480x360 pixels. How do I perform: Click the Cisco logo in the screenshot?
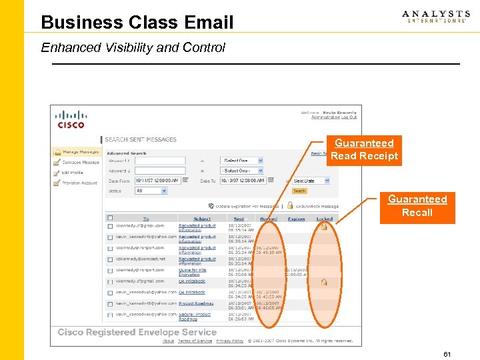(71, 119)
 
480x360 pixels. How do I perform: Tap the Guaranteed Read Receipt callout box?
(364, 150)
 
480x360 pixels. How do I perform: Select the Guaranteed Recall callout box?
(417, 206)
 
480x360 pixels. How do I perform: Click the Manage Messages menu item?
(79, 152)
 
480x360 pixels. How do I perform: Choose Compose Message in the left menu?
(80, 162)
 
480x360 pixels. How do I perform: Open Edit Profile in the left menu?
(73, 172)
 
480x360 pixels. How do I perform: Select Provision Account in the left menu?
(79, 182)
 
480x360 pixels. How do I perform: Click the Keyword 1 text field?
(160, 161)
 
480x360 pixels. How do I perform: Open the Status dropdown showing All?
(151, 191)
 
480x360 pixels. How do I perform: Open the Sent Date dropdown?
(312, 181)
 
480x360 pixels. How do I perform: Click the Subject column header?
(202, 219)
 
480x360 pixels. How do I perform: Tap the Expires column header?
(296, 219)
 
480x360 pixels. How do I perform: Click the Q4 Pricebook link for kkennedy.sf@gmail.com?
(191, 281)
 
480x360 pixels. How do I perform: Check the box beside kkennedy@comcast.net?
(111, 259)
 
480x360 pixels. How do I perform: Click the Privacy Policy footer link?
(230, 341)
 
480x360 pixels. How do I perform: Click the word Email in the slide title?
(209, 23)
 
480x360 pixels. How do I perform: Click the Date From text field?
(160, 181)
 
